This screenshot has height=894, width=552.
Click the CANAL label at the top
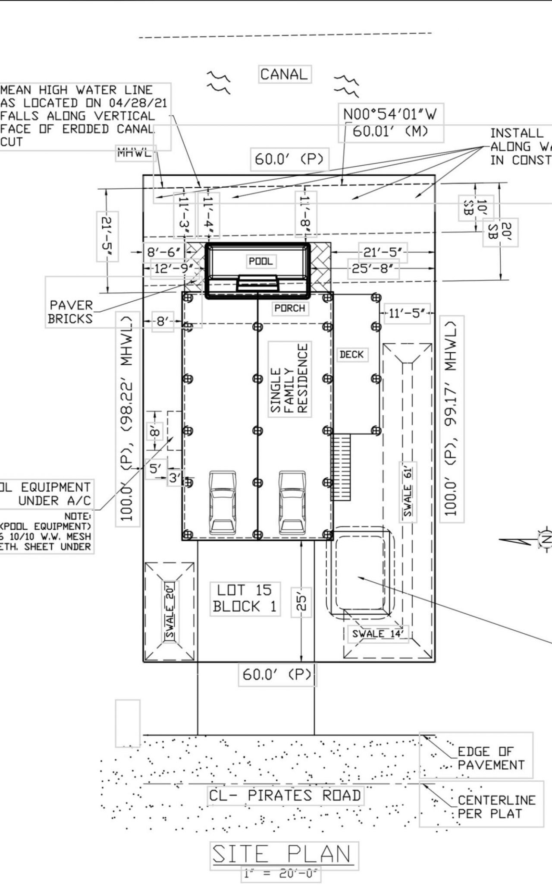coord(284,74)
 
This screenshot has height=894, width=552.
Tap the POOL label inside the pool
coord(261,261)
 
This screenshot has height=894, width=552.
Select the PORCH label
coord(290,308)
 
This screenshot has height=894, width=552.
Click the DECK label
coord(351,354)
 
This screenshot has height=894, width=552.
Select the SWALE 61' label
coord(408,492)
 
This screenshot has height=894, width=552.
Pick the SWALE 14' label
coord(378,634)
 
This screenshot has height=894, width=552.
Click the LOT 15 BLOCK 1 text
coord(244,598)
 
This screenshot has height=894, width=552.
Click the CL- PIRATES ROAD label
coord(285,795)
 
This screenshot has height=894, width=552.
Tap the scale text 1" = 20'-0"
coord(281,874)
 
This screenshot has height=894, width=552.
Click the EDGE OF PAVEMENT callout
coord(491,758)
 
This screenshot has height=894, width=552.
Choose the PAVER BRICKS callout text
coord(71,312)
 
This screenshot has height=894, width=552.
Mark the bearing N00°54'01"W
coord(390,114)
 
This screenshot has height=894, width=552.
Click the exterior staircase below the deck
coord(341,467)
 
